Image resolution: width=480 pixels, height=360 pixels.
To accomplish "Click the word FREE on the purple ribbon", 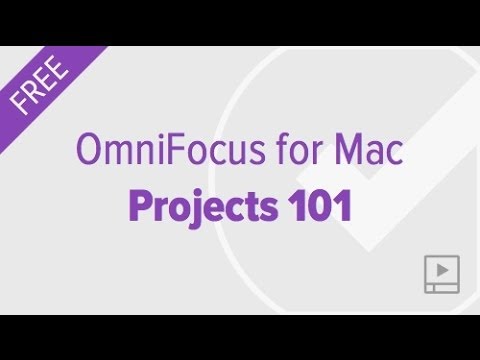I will coord(40,81).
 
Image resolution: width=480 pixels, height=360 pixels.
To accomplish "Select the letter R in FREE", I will coord(34,87).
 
